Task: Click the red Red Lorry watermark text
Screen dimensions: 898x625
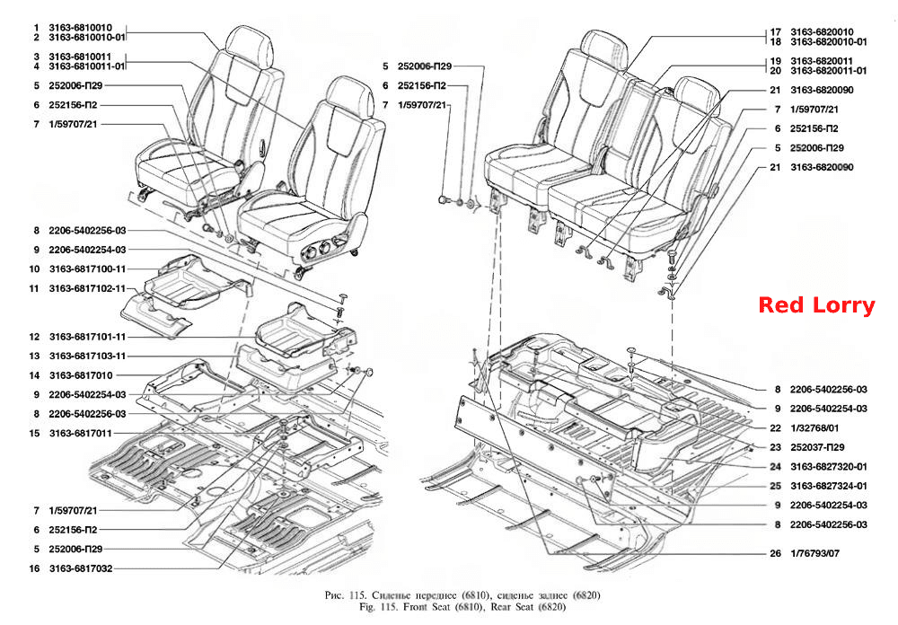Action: click(x=816, y=304)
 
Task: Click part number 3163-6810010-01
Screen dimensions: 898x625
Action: click(x=86, y=37)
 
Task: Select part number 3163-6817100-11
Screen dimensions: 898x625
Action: click(x=87, y=268)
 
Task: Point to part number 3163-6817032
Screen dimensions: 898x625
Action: click(x=81, y=568)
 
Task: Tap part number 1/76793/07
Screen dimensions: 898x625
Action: click(x=814, y=553)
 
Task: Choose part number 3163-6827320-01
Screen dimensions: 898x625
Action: click(x=829, y=466)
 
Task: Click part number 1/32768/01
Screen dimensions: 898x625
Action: click(x=814, y=428)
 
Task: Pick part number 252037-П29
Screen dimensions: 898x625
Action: click(x=817, y=447)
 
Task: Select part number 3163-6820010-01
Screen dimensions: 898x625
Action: click(x=829, y=42)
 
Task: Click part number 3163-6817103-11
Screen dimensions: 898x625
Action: click(x=87, y=356)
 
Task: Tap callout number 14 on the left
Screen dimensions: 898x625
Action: click(x=34, y=375)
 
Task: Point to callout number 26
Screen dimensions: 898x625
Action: click(x=776, y=553)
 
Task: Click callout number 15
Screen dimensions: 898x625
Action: click(x=34, y=433)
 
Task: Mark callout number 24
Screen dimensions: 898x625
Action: click(x=776, y=466)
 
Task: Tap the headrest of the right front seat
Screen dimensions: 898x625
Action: click(x=349, y=98)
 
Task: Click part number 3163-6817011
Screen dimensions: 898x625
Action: click(x=81, y=433)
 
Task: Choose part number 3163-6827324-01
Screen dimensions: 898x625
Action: click(x=829, y=486)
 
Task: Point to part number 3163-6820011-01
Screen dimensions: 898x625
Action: click(x=829, y=70)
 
